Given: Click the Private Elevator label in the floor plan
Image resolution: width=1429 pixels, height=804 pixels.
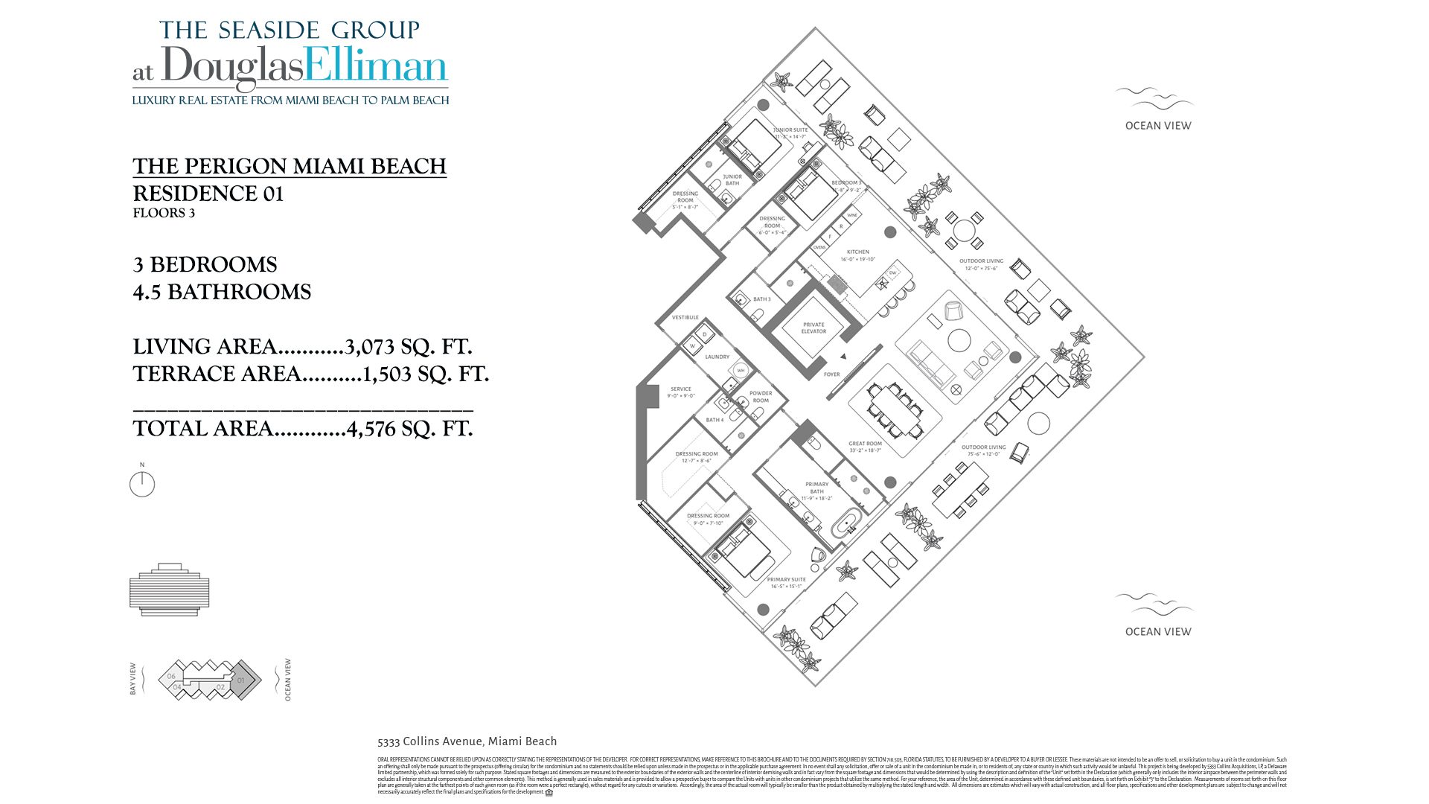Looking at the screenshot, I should click(813, 328).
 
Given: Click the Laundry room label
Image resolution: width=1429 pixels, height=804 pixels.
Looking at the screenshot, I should click(717, 357).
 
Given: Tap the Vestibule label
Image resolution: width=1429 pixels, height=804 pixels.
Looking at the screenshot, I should click(685, 317).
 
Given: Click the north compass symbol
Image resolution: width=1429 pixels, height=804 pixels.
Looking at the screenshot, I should click(141, 484).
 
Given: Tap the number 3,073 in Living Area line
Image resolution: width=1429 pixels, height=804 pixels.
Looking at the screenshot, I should click(369, 347).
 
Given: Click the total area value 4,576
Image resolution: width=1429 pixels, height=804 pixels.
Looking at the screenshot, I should click(371, 429).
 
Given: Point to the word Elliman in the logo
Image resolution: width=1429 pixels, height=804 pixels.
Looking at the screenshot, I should click(376, 67).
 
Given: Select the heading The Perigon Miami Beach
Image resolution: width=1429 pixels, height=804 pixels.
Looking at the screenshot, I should click(290, 166).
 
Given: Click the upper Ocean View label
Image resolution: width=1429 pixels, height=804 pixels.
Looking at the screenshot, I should click(1157, 126).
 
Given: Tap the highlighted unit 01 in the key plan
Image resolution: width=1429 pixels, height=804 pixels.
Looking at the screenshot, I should click(242, 680).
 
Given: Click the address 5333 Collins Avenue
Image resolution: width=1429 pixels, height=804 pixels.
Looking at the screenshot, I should click(467, 741).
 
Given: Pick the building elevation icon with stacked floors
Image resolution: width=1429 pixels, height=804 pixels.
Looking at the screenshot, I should click(169, 590).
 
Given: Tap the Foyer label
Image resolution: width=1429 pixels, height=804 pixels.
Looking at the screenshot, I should click(831, 374).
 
